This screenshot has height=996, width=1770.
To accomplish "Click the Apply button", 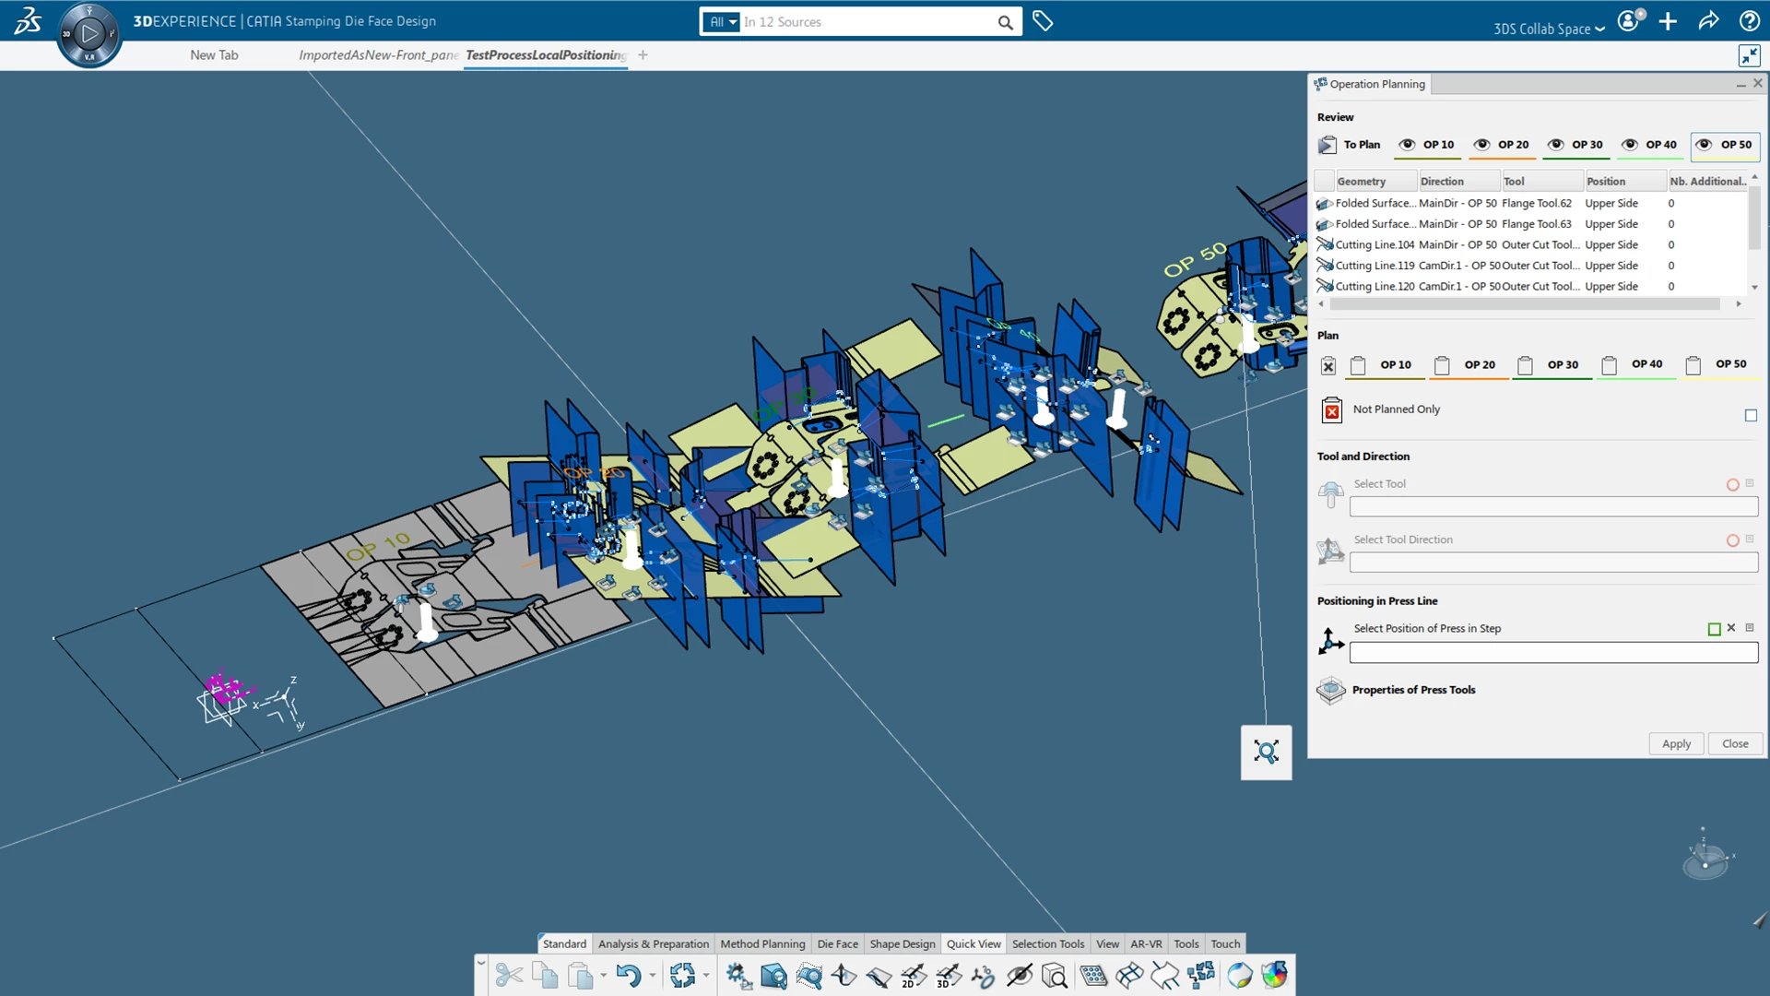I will pyautogui.click(x=1676, y=744).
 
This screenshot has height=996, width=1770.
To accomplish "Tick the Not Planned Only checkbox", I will pyautogui.click(x=1751, y=416).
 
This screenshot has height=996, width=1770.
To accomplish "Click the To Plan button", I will pyautogui.click(x=1351, y=145).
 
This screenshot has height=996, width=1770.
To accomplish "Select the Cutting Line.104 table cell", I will pyautogui.click(x=1374, y=245).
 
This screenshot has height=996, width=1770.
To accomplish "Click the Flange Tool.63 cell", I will pyautogui.click(x=1536, y=224).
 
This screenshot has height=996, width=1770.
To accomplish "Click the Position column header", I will pyautogui.click(x=1606, y=182).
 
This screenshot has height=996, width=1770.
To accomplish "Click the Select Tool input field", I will pyautogui.click(x=1553, y=507).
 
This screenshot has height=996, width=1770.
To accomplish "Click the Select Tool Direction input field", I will pyautogui.click(x=1553, y=563).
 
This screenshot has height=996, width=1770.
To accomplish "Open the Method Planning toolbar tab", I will pyautogui.click(x=762, y=944).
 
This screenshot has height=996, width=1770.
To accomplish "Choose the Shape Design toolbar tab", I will pyautogui.click(x=902, y=944).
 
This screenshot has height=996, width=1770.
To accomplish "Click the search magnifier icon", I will pyautogui.click(x=1005, y=22).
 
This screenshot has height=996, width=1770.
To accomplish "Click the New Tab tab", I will pyautogui.click(x=214, y=55).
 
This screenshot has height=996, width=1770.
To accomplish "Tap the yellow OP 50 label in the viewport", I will pyautogui.click(x=1195, y=259).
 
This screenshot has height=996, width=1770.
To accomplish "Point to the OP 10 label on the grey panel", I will pyautogui.click(x=378, y=546).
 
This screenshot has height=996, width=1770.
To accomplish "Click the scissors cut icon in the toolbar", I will pyautogui.click(x=509, y=976).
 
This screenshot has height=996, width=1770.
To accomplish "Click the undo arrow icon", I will pyautogui.click(x=629, y=976).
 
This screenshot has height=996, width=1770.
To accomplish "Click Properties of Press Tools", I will pyautogui.click(x=1413, y=690).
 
